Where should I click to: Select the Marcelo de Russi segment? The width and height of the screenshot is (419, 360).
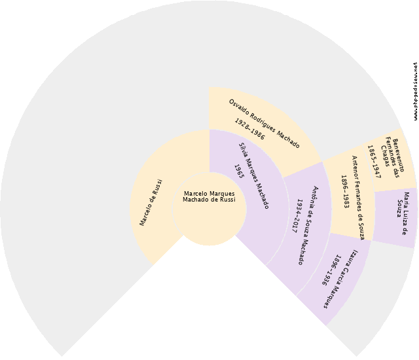click(x=151, y=203)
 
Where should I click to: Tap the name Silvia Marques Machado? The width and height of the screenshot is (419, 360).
click(x=253, y=175)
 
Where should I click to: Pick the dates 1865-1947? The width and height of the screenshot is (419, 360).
click(x=373, y=162)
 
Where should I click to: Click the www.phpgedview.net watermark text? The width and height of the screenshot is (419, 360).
click(x=415, y=91)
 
